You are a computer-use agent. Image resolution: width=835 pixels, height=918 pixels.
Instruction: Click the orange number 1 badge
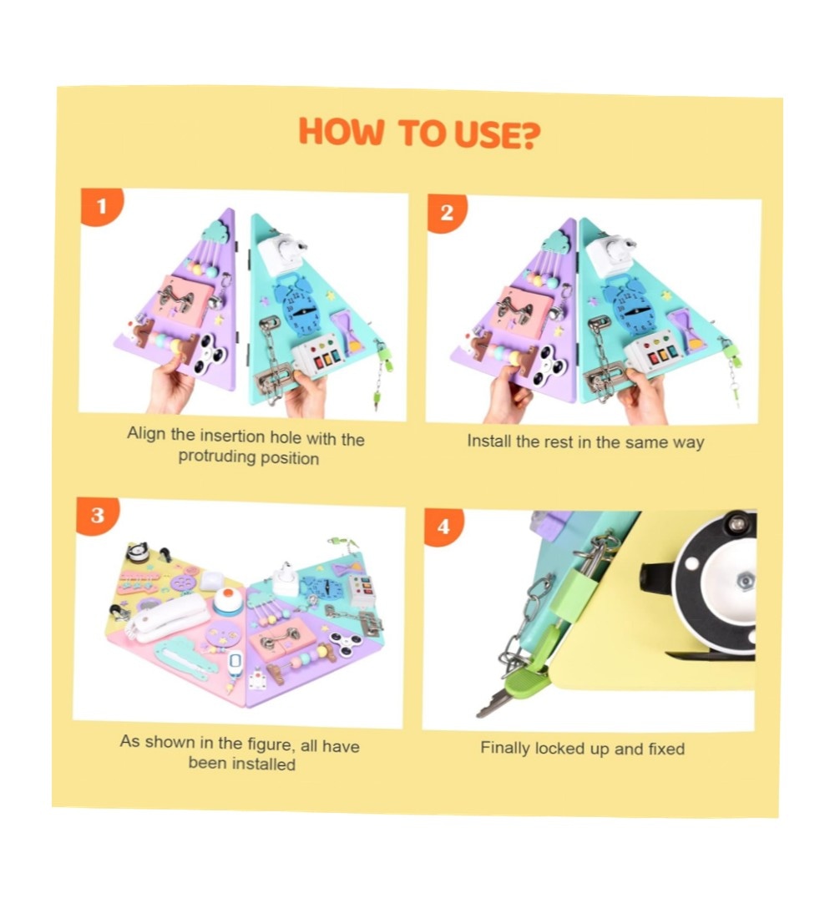point(101,205)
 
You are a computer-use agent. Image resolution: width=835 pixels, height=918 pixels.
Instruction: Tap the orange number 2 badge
point(446,212)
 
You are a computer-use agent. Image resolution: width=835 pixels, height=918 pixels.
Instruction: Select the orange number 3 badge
point(97,515)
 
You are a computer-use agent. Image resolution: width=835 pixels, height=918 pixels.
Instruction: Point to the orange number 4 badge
point(443,526)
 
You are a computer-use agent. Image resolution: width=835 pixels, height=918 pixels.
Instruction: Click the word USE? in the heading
point(497,134)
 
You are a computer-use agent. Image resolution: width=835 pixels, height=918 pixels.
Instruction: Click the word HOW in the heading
point(341,131)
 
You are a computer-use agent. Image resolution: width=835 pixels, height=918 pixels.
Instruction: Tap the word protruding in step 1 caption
point(216,456)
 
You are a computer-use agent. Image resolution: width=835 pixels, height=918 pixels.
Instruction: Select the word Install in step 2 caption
point(488,441)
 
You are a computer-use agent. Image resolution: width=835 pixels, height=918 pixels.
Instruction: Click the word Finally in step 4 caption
point(504,749)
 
